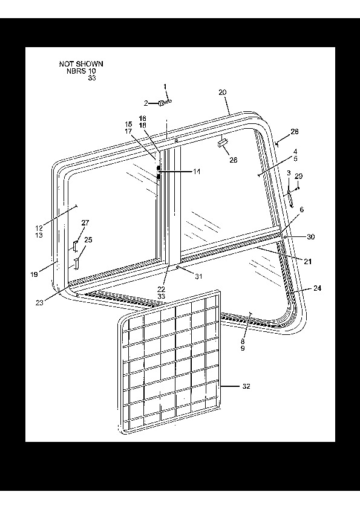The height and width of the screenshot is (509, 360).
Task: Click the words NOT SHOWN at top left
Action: click(81, 64)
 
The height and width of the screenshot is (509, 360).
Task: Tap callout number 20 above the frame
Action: click(223, 92)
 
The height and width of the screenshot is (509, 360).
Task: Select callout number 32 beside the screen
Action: click(246, 386)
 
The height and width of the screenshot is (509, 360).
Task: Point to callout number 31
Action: click(198, 277)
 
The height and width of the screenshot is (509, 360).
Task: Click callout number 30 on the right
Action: click(311, 237)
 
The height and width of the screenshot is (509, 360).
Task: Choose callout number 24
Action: click(318, 288)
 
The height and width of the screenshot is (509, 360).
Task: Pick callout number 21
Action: click(308, 261)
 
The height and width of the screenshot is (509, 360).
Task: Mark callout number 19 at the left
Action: click(34, 274)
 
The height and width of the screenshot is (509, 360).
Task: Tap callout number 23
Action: click(39, 302)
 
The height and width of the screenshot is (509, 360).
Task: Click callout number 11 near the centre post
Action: click(197, 172)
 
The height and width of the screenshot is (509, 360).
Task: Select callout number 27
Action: click(85, 222)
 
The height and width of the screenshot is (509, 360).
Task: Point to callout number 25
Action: click(88, 240)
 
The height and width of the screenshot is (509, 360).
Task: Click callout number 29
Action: click(299, 177)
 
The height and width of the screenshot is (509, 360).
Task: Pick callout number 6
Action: click(302, 210)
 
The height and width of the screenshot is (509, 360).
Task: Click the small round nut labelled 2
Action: click(160, 103)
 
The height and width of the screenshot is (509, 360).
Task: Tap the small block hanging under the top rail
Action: click(223, 143)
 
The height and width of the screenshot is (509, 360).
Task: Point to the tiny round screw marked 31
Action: click(178, 267)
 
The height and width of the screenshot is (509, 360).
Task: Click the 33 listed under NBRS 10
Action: click(92, 78)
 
